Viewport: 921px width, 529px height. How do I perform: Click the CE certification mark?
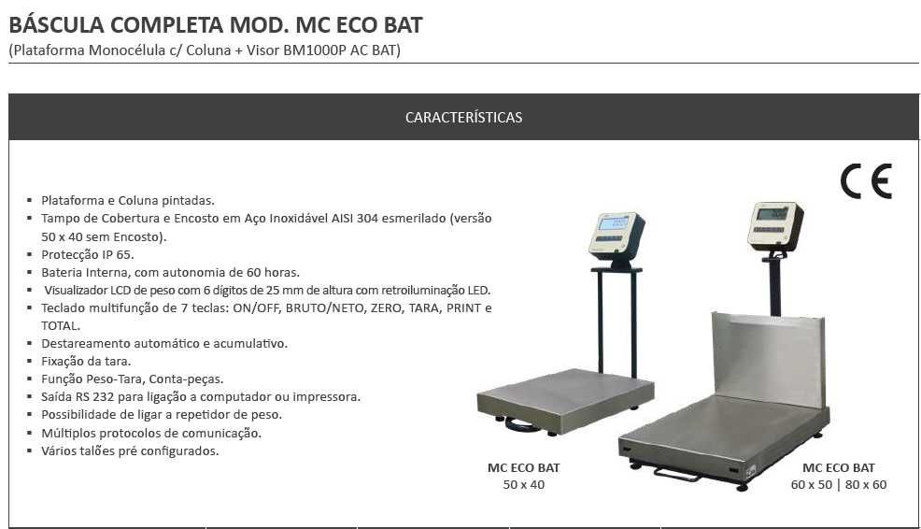click(866, 181)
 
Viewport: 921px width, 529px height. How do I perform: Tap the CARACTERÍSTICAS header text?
click(463, 118)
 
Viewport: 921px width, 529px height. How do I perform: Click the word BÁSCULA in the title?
click(56, 25)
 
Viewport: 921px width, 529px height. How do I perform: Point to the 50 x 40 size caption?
click(523, 485)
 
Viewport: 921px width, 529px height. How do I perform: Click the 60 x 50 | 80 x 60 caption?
click(838, 485)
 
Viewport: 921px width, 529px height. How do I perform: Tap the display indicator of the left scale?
click(616, 236)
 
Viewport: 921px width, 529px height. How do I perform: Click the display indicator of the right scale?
click(775, 226)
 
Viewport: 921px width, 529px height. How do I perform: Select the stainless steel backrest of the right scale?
click(769, 359)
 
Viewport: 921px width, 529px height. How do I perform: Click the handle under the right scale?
click(675, 474)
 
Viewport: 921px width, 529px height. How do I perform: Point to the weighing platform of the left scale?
click(565, 400)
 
